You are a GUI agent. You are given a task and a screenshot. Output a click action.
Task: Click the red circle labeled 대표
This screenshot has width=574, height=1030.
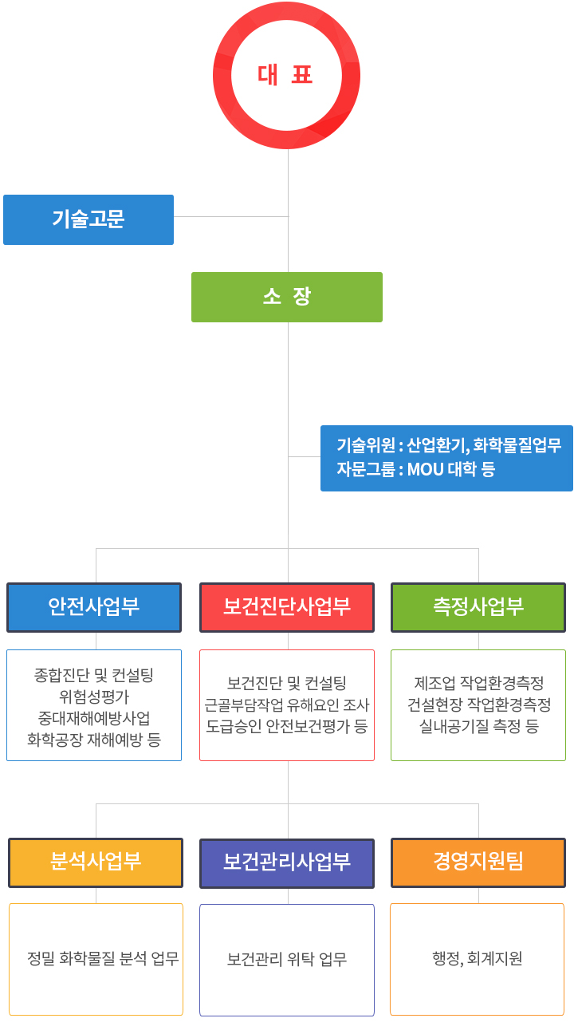(x=286, y=11)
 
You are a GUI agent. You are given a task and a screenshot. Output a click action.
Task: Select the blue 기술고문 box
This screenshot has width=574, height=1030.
(x=88, y=219)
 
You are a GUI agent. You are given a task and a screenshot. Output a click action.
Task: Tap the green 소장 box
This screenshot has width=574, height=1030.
(x=287, y=297)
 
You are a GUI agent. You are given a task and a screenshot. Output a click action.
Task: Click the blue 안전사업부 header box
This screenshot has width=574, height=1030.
(x=94, y=607)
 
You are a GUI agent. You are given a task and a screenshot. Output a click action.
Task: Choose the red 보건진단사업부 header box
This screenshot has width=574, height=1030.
(x=287, y=607)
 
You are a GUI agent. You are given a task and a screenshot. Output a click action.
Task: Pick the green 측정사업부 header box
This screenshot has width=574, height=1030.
(x=478, y=607)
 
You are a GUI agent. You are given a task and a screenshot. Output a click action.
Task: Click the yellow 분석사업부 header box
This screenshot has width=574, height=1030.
(x=96, y=862)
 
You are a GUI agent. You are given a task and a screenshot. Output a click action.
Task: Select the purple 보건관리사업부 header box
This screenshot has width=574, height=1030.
(x=287, y=863)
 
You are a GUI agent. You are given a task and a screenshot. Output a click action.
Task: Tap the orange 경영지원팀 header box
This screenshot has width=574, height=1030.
(x=478, y=862)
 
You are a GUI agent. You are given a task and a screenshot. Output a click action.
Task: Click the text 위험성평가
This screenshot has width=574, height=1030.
(x=94, y=697)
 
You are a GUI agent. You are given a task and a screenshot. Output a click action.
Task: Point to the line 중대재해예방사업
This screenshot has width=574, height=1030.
(x=94, y=718)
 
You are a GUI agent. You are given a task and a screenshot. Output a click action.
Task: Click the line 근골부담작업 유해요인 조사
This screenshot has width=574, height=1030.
(x=287, y=704)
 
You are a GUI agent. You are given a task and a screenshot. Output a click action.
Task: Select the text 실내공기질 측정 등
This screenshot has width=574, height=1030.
(x=478, y=726)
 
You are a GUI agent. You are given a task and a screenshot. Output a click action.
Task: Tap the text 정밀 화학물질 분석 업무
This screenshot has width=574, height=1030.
(x=103, y=958)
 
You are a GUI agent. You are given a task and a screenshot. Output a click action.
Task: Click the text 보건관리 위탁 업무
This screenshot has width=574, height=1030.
(x=287, y=959)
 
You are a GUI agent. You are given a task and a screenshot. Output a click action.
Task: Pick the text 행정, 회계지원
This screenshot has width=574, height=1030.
(x=478, y=958)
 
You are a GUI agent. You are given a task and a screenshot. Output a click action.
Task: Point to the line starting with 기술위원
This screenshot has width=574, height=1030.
(x=449, y=445)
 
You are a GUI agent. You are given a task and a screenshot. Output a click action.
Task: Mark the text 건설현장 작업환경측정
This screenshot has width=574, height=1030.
(x=479, y=704)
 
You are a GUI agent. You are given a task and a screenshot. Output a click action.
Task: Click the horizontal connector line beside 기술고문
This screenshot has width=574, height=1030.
(x=231, y=216)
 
